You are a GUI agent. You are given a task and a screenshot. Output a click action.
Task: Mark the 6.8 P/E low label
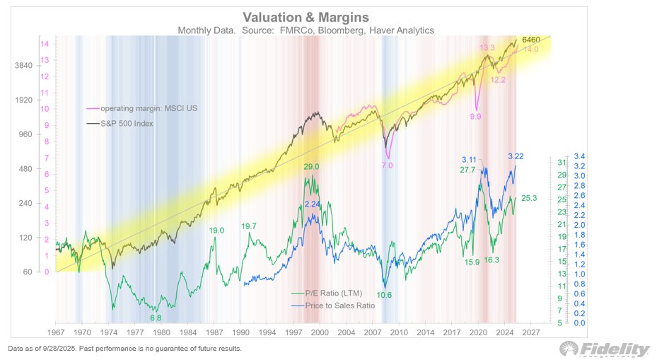(x=156, y=318)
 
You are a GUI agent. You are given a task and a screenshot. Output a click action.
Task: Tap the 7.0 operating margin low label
(x=387, y=165)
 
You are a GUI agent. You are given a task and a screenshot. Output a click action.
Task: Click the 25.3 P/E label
(x=530, y=199)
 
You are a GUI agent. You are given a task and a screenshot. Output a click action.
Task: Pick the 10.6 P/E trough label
(x=385, y=294)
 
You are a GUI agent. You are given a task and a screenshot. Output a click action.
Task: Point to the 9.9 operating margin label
(x=475, y=116)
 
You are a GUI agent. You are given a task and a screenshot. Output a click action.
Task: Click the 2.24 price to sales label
(x=313, y=204)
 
